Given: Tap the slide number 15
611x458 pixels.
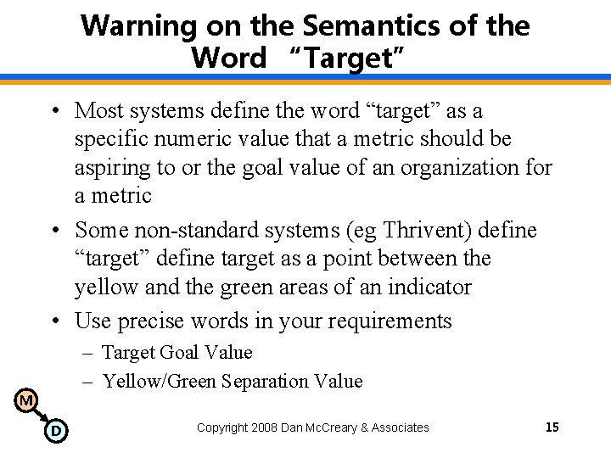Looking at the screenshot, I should pos(552,427).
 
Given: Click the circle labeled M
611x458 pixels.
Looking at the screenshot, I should pos(26,399).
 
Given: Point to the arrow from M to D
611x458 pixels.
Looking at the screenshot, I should pos(41,416).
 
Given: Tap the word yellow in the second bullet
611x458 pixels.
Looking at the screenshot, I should pos(106,287).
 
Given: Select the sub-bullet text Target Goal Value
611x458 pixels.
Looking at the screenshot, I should pos(177,351).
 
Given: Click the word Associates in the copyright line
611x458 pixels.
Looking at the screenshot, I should pos(398,427).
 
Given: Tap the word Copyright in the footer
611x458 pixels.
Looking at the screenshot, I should pos(223,427).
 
